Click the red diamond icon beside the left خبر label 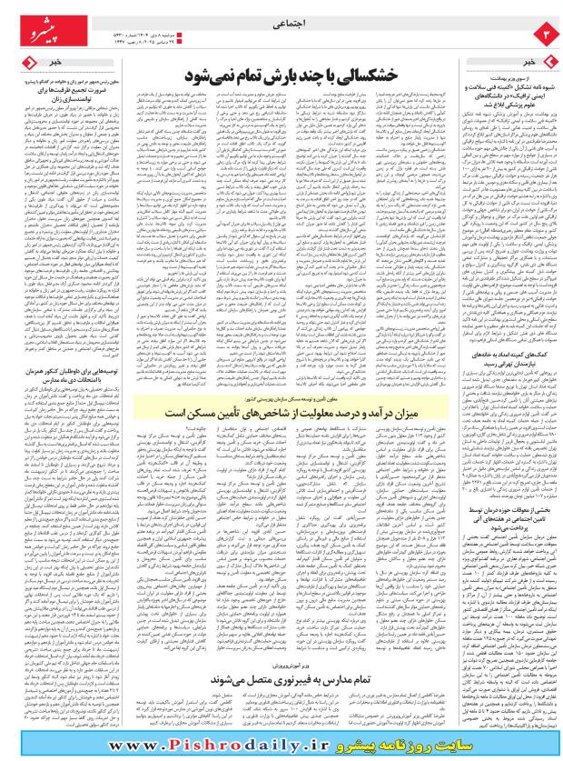(x=27, y=61)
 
